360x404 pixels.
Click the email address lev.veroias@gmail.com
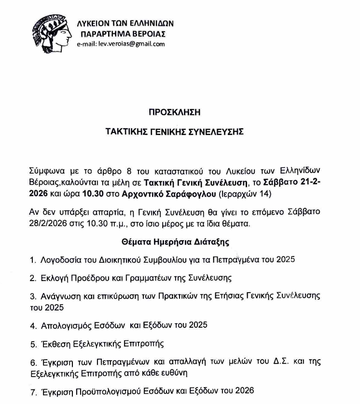(121, 43)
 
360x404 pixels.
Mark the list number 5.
(33, 344)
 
